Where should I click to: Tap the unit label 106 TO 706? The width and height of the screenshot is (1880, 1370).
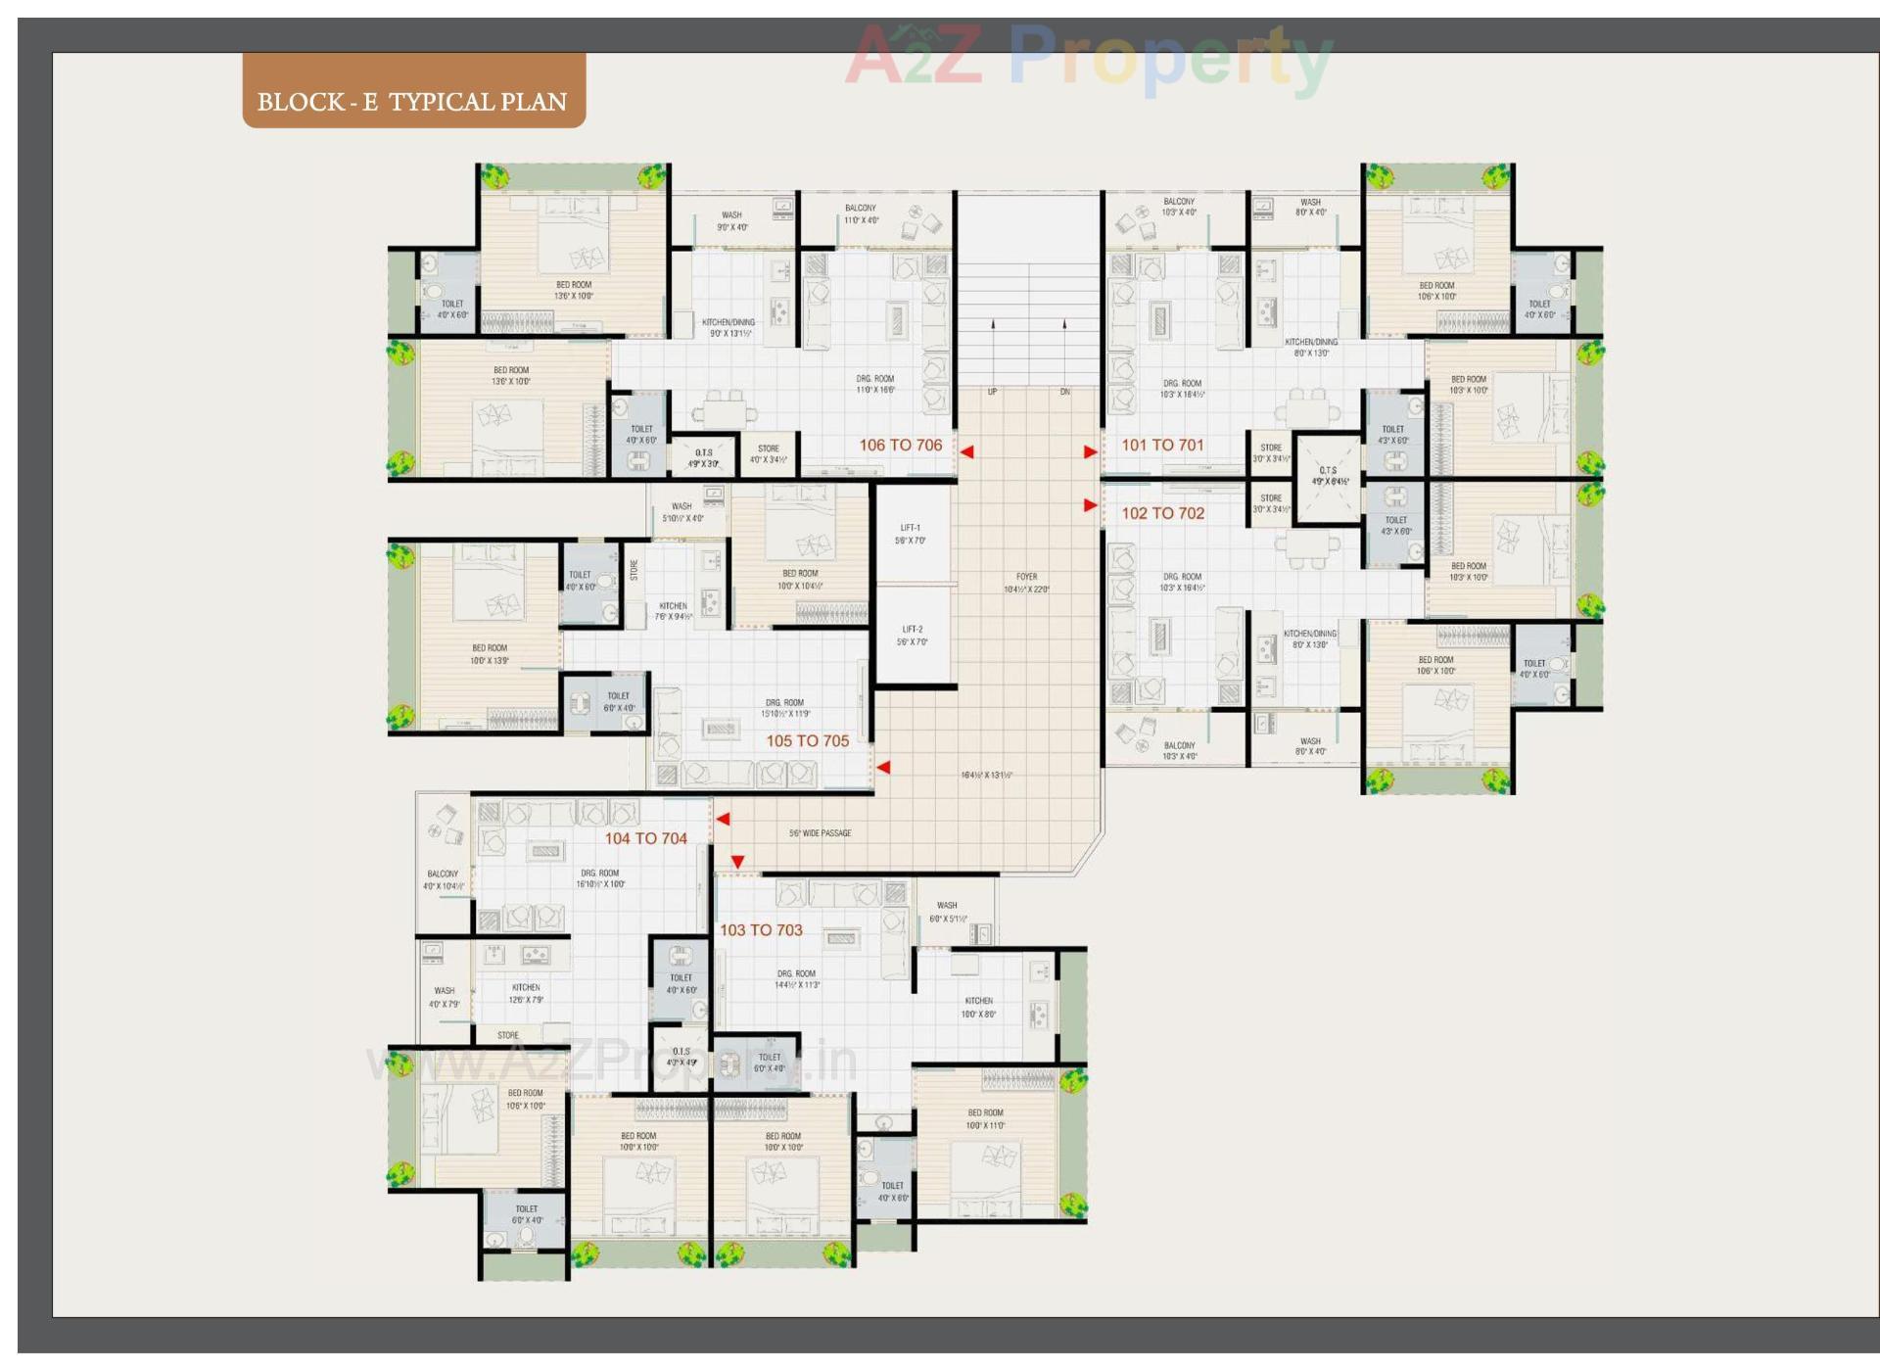coord(900,446)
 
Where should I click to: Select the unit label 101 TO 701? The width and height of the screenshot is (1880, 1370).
coord(1162,446)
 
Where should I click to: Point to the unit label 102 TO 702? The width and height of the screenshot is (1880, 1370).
coord(1162,513)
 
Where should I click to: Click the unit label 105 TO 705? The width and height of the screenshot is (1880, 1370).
coord(807,741)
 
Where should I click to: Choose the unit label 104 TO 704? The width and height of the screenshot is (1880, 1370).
coord(645,838)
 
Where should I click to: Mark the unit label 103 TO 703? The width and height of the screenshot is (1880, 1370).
coord(761,930)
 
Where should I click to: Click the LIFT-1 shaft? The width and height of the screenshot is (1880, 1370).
coord(912,534)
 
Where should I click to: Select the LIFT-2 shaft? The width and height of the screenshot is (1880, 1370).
coord(913,636)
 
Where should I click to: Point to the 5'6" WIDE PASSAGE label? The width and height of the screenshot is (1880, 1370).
coord(820,833)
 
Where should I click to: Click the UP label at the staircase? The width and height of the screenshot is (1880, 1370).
coord(992,392)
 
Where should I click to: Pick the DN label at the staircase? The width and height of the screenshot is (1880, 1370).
coord(1064,392)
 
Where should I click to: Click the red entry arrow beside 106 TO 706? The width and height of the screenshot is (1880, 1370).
coord(966,452)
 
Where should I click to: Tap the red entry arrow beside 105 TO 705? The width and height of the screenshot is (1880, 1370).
coord(882,768)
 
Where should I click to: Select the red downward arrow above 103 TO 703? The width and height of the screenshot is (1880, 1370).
coord(737,862)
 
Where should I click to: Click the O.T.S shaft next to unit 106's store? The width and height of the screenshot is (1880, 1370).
coord(704,457)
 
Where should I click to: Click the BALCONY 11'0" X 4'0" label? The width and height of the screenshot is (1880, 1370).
coord(861,213)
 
